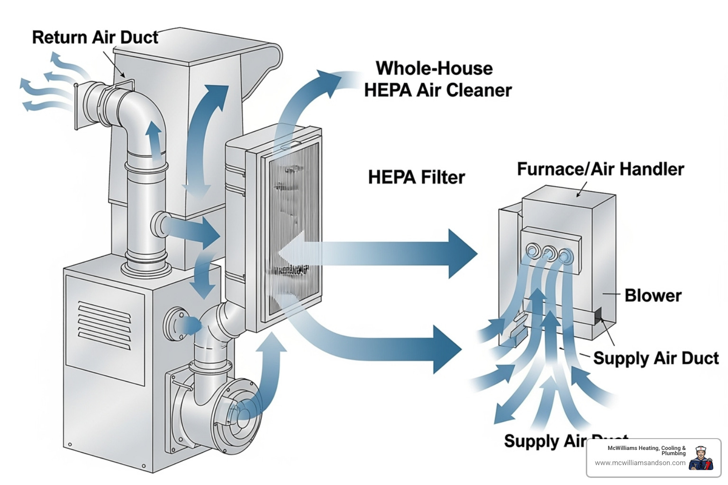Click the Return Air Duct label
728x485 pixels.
[x=95, y=37]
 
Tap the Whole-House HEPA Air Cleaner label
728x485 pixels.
[x=437, y=79]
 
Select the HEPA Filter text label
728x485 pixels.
[x=416, y=177]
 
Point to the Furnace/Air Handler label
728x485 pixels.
[x=600, y=169]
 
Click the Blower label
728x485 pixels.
[x=653, y=295]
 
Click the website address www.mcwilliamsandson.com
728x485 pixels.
[x=640, y=463]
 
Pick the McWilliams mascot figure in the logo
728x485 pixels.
[x=701, y=458]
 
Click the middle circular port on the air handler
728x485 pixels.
[x=549, y=252]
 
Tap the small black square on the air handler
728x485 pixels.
[x=598, y=315]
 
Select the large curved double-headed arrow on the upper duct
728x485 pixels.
[x=205, y=140]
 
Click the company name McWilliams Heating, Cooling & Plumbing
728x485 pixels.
[x=646, y=450]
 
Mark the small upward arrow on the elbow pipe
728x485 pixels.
[x=153, y=137]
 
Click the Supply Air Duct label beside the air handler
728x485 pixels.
[x=655, y=358]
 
